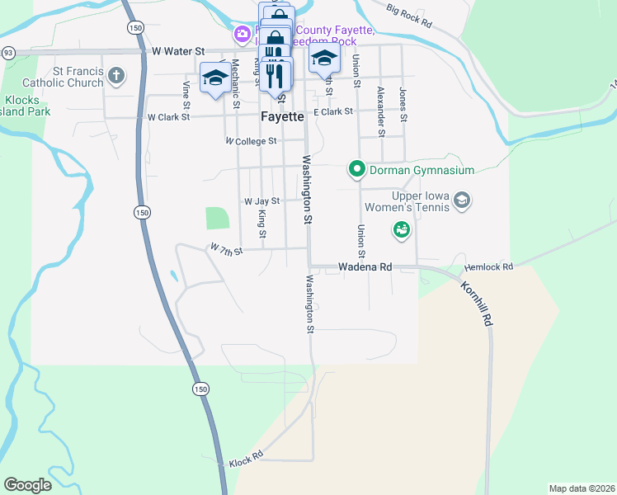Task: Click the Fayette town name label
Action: click(x=282, y=116)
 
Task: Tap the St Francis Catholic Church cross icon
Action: click(x=116, y=76)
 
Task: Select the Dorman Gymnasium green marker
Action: click(x=357, y=170)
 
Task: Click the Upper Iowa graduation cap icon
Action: click(x=463, y=200)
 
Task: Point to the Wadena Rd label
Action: click(x=365, y=267)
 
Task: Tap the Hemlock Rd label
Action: click(x=488, y=267)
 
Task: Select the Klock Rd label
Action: click(x=246, y=457)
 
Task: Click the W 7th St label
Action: click(x=227, y=249)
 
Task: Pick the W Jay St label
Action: click(x=261, y=200)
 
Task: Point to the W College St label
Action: click(x=251, y=141)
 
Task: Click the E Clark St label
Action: click(x=333, y=111)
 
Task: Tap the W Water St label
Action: click(x=178, y=51)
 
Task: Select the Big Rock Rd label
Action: click(x=409, y=13)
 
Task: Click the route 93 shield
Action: click(x=7, y=52)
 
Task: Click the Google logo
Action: click(x=27, y=485)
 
